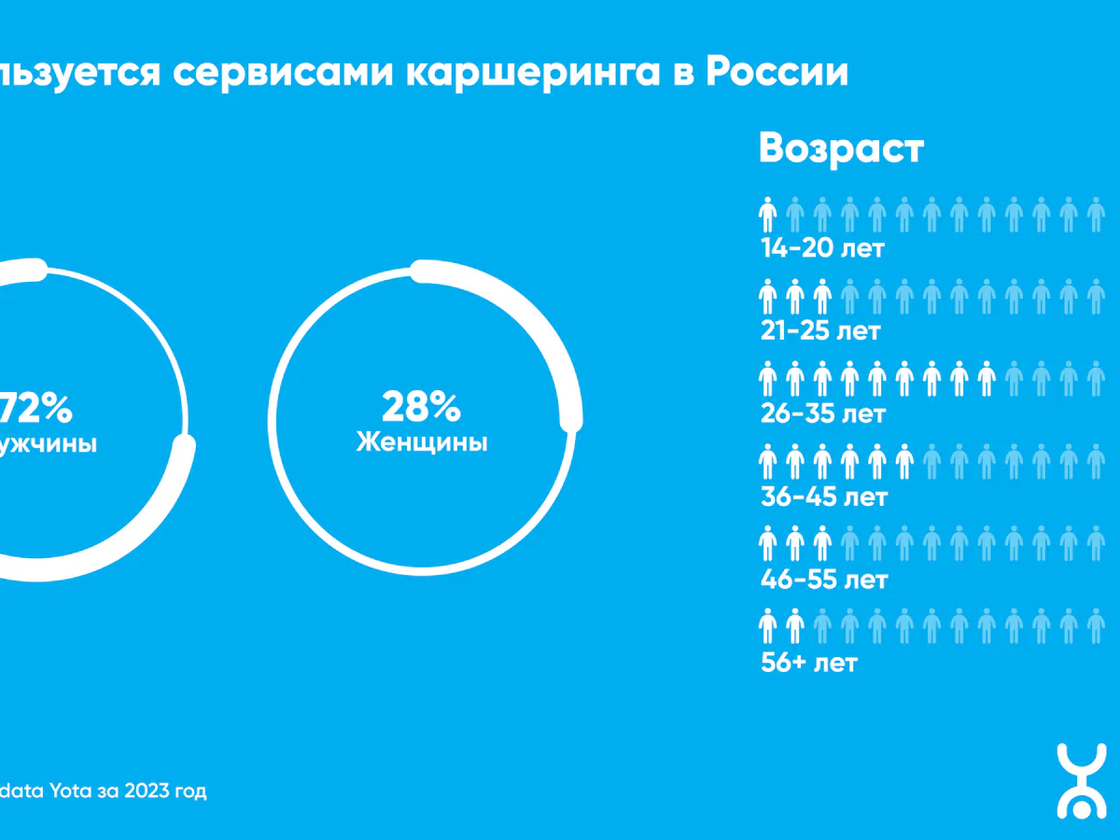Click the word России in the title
pos(776,72)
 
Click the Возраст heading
pos(841,148)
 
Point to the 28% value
pos(421,407)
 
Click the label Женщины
pos(422,441)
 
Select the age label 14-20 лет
pos(821,249)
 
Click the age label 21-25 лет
pos(821,331)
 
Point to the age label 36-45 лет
pos(823,497)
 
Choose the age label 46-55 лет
pos(823,580)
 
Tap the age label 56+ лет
pos(808,663)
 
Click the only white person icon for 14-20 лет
pos(767,215)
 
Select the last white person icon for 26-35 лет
pos(987,379)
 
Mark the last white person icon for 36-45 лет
pos(903,461)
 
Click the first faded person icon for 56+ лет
pos(822,626)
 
